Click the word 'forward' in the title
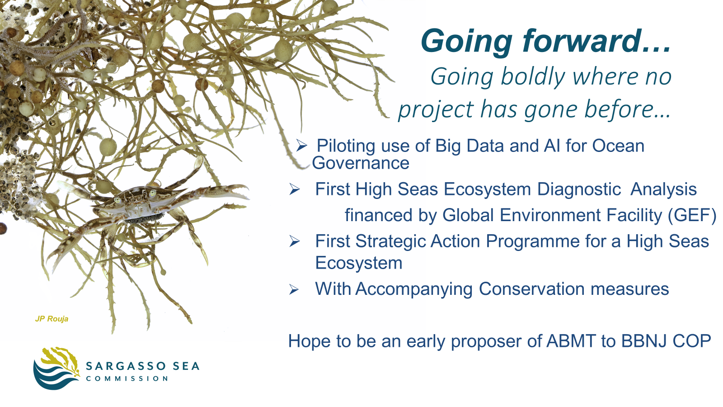pyautogui.click(x=582, y=41)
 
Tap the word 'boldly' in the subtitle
pyautogui.click(x=533, y=77)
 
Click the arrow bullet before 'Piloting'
pyautogui.click(x=301, y=146)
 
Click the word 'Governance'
pyautogui.click(x=361, y=163)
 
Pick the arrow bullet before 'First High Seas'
pyautogui.click(x=295, y=189)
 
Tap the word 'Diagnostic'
pyautogui.click(x=579, y=189)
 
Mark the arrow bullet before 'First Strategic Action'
pyautogui.click(x=295, y=241)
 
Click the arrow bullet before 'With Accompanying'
pyautogui.click(x=294, y=289)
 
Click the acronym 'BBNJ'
pyautogui.click(x=644, y=341)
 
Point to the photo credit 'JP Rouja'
pyautogui.click(x=52, y=319)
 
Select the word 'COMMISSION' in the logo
pyautogui.click(x=127, y=379)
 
